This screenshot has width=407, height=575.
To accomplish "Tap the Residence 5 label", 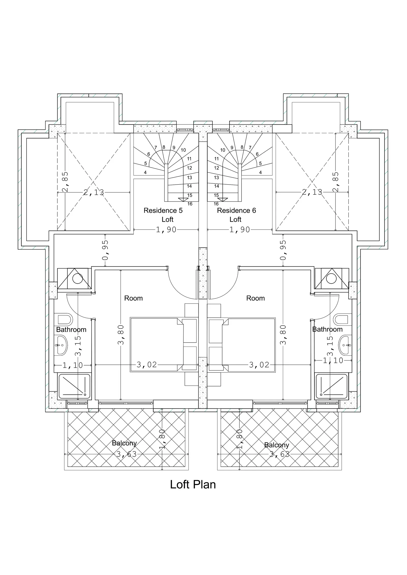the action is click(x=163, y=210).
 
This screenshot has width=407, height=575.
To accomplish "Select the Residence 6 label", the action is click(x=236, y=210).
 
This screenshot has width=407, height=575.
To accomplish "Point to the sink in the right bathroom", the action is click(x=345, y=345).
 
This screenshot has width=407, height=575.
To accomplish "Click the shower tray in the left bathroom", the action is click(x=75, y=386).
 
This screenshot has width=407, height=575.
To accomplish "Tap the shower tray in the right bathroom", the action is click(x=331, y=386).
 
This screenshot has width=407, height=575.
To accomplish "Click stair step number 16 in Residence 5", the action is click(x=190, y=204).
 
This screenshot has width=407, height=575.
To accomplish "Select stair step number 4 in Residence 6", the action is click(x=260, y=172).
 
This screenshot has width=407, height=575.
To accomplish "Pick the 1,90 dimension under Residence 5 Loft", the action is click(x=166, y=230).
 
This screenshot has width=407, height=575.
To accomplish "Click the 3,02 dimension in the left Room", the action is click(x=147, y=365).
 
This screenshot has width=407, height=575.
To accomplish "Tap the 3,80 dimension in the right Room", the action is click(x=283, y=335).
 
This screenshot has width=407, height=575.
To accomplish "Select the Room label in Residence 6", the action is click(x=255, y=298).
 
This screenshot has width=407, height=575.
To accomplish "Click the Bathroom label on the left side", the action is click(x=71, y=330).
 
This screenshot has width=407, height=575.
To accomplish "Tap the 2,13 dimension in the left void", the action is click(x=94, y=192).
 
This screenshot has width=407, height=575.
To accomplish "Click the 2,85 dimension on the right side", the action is click(x=336, y=182).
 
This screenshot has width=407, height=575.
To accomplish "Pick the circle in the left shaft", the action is click(x=78, y=279).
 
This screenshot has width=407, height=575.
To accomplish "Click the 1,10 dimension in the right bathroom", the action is click(x=333, y=360).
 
